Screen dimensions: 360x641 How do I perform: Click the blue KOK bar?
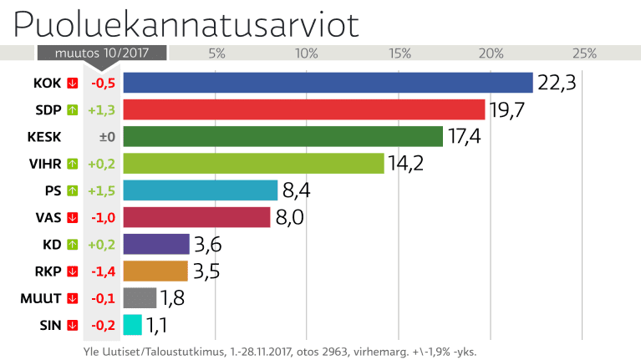(x=328, y=83)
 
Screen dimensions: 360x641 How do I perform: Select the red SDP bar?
(x=304, y=109)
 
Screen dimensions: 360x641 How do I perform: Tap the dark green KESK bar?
(x=282, y=136)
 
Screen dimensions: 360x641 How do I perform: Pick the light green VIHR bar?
(x=253, y=163)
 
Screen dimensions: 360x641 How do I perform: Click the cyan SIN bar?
(x=132, y=325)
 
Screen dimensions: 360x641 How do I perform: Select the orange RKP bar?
(x=155, y=271)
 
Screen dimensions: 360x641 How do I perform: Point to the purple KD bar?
(x=156, y=244)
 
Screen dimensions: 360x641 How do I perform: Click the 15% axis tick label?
(x=399, y=53)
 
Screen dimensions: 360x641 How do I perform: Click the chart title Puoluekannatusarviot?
(x=186, y=24)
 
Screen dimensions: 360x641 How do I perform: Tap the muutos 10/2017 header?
(x=102, y=53)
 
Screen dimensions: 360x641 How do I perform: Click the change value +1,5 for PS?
(x=103, y=190)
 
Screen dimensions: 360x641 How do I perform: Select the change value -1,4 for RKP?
(x=103, y=271)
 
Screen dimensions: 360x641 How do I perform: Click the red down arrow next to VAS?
(x=73, y=217)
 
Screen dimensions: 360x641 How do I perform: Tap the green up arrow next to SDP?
(x=73, y=109)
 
